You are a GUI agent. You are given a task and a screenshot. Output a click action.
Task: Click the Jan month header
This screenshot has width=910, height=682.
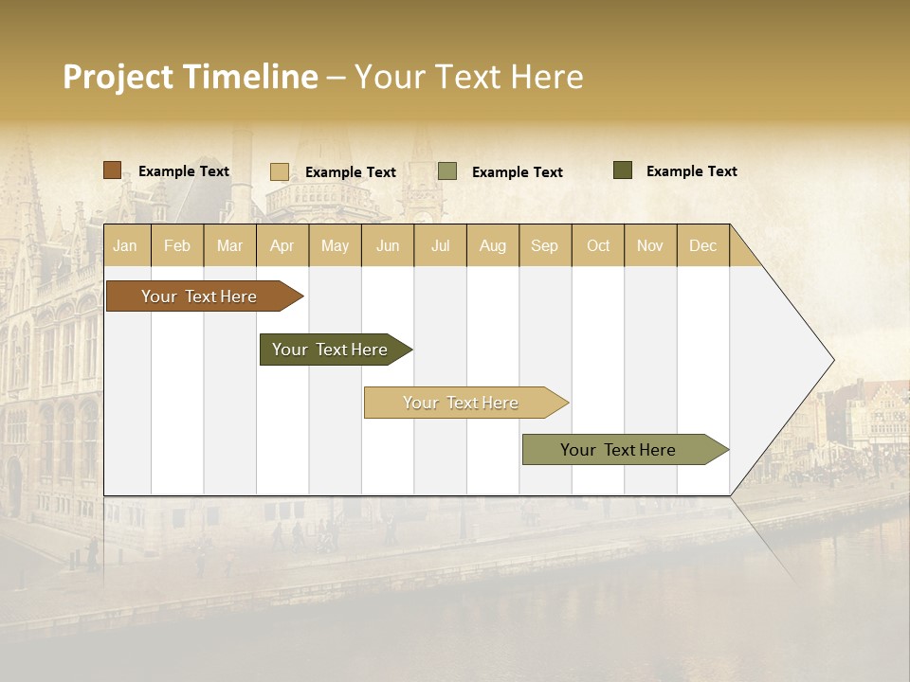pos(125,245)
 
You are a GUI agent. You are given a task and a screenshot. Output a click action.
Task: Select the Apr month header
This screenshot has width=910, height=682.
pos(282,245)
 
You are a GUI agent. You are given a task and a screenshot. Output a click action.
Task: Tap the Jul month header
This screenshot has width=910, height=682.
pos(440,245)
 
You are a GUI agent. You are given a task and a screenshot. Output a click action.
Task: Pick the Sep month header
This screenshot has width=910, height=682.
pos(544,245)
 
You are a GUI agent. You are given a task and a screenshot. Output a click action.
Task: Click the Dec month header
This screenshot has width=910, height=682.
pos(702,245)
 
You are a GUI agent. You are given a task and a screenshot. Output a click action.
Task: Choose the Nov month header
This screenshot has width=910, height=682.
pos(649,245)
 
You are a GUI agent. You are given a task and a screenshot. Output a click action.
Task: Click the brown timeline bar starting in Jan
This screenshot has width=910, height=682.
pos(199,296)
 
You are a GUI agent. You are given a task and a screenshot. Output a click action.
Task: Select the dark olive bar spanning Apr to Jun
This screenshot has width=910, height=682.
pos(330,350)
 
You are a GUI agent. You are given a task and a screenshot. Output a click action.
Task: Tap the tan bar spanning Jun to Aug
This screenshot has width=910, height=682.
pos(461,403)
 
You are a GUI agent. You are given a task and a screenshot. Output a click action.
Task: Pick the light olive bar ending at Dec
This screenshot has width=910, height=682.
pos(618,450)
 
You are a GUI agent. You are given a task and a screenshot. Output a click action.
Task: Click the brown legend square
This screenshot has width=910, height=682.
pos(112,170)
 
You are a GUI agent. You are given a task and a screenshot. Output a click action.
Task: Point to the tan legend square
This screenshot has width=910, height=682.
pos(279,171)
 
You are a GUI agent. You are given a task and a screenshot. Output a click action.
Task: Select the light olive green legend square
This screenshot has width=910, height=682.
pos(447,171)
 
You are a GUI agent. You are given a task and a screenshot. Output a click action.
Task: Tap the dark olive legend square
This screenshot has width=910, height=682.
pos(622,170)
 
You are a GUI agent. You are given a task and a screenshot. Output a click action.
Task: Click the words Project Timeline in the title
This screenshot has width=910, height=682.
pos(190,77)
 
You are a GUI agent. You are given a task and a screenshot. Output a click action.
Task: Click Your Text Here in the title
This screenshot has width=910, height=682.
pos(468,77)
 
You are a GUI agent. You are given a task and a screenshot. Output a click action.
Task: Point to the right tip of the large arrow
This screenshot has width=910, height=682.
pos(831,360)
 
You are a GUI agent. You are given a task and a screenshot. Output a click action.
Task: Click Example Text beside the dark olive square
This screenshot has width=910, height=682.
pos(691,171)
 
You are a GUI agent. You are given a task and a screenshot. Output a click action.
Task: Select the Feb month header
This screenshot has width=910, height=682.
pos(176,245)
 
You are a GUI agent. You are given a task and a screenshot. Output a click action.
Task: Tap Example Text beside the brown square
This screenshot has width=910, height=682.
pos(183,171)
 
